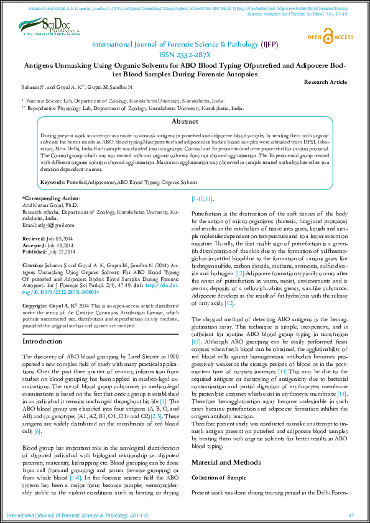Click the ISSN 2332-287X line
coord(185,55)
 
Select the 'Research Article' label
coord(326,82)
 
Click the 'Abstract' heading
coord(185,122)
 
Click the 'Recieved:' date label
coord(33,239)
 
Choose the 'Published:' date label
coord(34,251)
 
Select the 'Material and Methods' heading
coord(226,462)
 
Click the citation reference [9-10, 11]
coord(203,199)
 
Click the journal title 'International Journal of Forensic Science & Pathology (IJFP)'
coord(185,45)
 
